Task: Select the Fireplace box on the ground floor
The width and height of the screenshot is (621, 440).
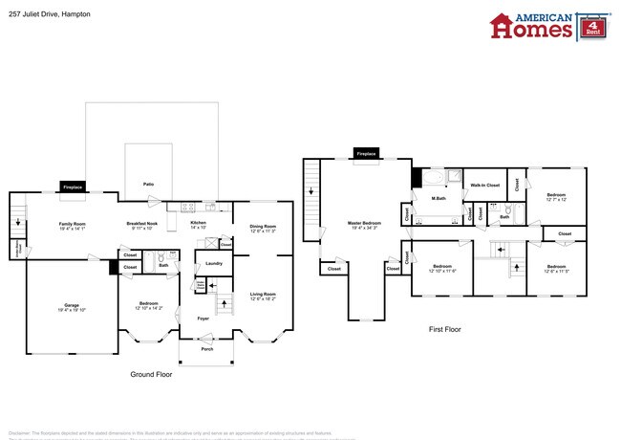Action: point(73,187)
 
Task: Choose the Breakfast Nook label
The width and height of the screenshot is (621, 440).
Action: point(142,226)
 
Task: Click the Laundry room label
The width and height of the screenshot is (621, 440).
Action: point(214,263)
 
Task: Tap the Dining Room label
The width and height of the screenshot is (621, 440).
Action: point(263,229)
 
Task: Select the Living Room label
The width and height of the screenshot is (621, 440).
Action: point(263,296)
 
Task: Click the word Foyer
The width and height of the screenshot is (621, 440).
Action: point(203,319)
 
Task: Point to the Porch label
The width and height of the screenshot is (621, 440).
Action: point(207,349)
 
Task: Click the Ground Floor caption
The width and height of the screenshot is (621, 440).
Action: point(150,375)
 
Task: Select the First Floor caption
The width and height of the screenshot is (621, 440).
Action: point(445,329)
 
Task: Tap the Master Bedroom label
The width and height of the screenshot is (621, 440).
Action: point(362,226)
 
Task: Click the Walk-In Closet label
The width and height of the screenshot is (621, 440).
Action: point(485,184)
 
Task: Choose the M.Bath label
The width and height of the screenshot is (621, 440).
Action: point(439,198)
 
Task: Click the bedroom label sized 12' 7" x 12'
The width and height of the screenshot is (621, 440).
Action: point(556,197)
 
